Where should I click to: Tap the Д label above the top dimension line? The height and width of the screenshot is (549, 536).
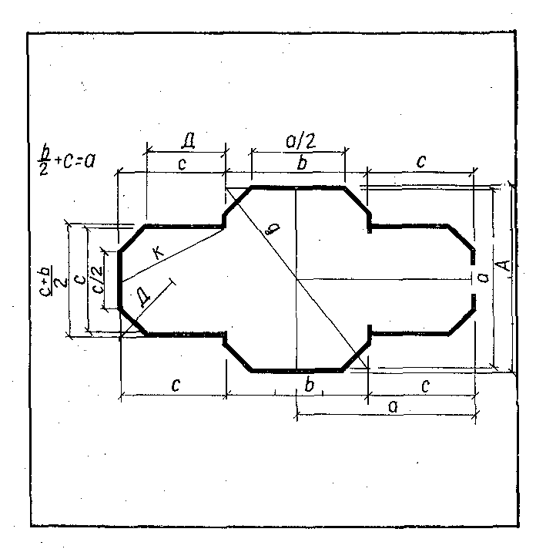click(x=188, y=141)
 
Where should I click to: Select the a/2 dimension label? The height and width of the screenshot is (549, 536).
click(x=300, y=141)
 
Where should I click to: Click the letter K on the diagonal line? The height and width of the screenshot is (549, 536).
click(x=158, y=251)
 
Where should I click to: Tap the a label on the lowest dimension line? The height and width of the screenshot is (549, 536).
click(x=394, y=406)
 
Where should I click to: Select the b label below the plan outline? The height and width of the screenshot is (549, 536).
click(x=309, y=385)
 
